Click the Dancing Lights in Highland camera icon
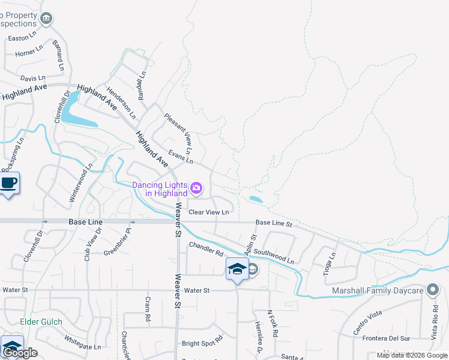pyautogui.click(x=196, y=189)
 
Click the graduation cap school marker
pyautogui.click(x=237, y=269)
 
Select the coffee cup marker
pyautogui.click(x=8, y=183)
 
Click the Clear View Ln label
pyautogui.click(x=209, y=212)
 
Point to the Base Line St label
pyautogui.click(x=273, y=223)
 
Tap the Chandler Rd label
pyautogui.click(x=206, y=248)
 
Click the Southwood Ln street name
pyautogui.click(x=274, y=257)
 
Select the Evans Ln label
pyautogui.click(x=181, y=157)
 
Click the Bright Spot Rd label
pyautogui.click(x=202, y=344)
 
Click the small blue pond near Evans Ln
pyautogui.click(x=255, y=199)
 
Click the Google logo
pyautogui.click(x=20, y=353)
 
